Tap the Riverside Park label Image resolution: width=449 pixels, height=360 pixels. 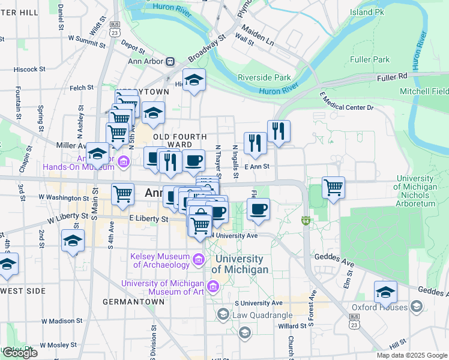pos(264,77)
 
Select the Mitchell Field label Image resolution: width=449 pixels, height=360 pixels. pos(424,91)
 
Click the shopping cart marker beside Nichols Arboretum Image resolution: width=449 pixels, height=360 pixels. pos(333,187)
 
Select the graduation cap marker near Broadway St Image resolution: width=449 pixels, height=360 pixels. pos(194,80)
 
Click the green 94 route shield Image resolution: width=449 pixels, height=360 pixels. pos(306,221)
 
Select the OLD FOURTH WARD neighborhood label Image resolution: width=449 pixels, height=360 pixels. pos(180,141)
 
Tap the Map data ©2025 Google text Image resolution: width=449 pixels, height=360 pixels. pos(411,355)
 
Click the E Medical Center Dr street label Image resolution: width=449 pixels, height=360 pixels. pos(346,101)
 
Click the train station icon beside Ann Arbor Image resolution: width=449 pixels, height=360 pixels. pos(170,61)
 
